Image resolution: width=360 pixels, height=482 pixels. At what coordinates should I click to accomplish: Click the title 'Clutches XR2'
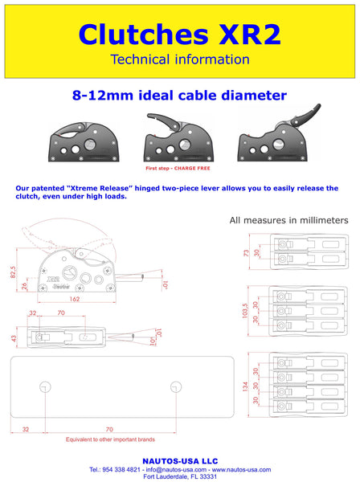[x=179, y=34]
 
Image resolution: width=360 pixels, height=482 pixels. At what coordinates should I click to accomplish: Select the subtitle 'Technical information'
[x=179, y=59]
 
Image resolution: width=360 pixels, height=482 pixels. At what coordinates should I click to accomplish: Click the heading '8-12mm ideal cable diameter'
[x=179, y=96]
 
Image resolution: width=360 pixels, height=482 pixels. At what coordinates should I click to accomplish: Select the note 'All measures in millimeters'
[x=288, y=219]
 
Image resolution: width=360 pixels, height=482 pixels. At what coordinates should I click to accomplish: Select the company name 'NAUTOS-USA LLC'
[x=179, y=461]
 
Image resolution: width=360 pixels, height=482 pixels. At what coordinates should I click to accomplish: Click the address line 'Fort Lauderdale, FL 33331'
[x=179, y=476]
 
